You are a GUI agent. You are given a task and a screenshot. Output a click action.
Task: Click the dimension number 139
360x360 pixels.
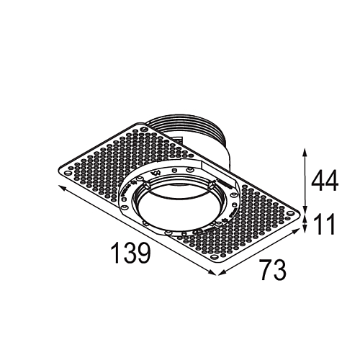131,253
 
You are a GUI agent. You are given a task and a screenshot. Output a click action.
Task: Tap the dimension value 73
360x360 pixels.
274,269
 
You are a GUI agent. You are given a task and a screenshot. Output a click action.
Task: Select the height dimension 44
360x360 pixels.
325,180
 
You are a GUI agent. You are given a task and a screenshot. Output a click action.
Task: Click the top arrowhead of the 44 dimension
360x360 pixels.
305,152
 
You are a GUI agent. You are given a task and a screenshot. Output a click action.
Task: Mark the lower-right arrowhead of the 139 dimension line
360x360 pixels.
212,273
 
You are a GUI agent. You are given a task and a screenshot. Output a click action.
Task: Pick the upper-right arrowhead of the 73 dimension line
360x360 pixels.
297,230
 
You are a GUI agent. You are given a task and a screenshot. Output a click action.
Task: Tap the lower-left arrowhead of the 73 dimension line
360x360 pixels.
221,273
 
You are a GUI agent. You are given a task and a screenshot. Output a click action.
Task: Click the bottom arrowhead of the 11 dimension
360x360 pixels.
305,230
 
